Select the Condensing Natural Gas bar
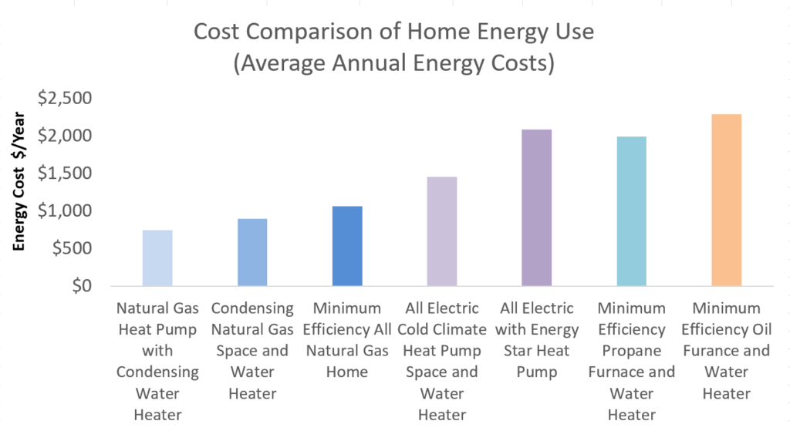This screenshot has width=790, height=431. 252,252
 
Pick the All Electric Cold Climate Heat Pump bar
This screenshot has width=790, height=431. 442,231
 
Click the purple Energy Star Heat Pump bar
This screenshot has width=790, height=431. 537,207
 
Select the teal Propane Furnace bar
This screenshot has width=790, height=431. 631,211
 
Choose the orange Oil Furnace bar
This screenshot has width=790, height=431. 726,200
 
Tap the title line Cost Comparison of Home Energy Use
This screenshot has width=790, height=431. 394,33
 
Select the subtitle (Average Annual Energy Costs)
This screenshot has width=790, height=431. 394,63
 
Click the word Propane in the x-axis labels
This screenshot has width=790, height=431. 631,351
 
